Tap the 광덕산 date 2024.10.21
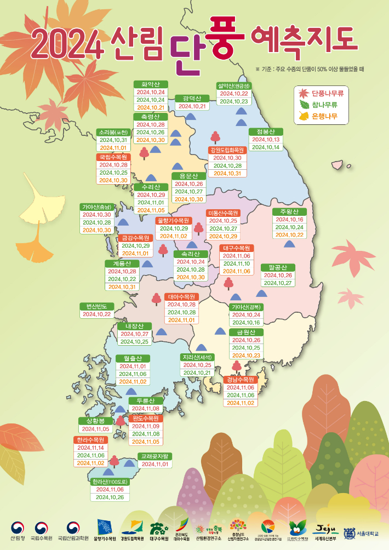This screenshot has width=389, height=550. pos(192,106)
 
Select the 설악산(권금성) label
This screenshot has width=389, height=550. pos(234,86)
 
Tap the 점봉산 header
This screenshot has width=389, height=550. pos(266,131)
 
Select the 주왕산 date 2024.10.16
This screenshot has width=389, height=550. pos(289,220)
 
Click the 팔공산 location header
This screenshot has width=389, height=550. pos(278,267)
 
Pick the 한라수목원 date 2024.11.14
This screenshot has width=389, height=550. pos(90,448)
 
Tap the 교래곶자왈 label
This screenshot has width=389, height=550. pos(156,456)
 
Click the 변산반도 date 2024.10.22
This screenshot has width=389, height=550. pos(97,314)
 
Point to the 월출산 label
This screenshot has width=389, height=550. pos(133,358)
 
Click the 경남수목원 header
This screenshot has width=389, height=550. pos(240,380)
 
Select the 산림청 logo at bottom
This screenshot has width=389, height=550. pos(17,530)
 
